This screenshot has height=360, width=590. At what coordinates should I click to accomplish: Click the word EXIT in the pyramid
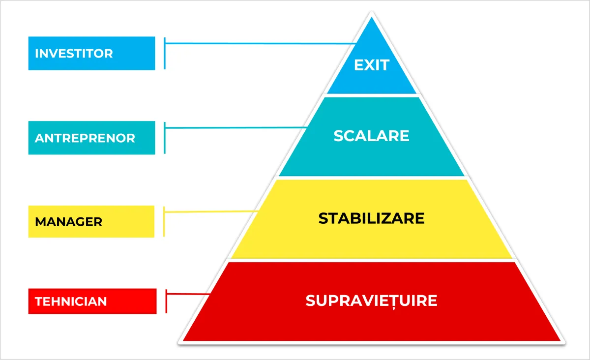(x=372, y=65)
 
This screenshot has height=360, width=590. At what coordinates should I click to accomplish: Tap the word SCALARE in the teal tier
(x=371, y=136)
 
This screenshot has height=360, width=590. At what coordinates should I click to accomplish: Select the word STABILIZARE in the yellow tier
(x=371, y=218)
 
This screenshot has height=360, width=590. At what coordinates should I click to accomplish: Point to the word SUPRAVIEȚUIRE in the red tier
(x=371, y=300)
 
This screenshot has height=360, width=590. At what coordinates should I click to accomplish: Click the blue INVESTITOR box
(x=91, y=53)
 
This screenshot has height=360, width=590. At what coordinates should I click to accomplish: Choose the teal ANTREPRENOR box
(x=91, y=138)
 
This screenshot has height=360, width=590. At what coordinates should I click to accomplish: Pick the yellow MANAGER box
(x=91, y=221)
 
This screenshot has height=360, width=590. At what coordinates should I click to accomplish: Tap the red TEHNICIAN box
(x=92, y=301)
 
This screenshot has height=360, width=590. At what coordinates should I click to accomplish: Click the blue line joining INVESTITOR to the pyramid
(x=261, y=43)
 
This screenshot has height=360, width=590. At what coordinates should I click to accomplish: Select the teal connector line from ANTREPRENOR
(x=236, y=128)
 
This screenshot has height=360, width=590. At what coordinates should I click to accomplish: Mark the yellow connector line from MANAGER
(x=211, y=211)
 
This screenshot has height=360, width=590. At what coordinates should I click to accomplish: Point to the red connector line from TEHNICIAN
(x=189, y=295)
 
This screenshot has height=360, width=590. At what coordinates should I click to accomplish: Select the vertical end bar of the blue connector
(x=164, y=53)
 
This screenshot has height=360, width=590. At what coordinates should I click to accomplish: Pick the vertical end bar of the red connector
(x=167, y=301)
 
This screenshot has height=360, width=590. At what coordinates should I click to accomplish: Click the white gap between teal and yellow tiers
(x=371, y=178)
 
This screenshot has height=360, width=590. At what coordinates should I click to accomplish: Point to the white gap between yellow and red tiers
(x=371, y=260)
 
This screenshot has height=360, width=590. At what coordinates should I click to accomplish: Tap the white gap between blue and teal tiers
(x=372, y=95)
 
